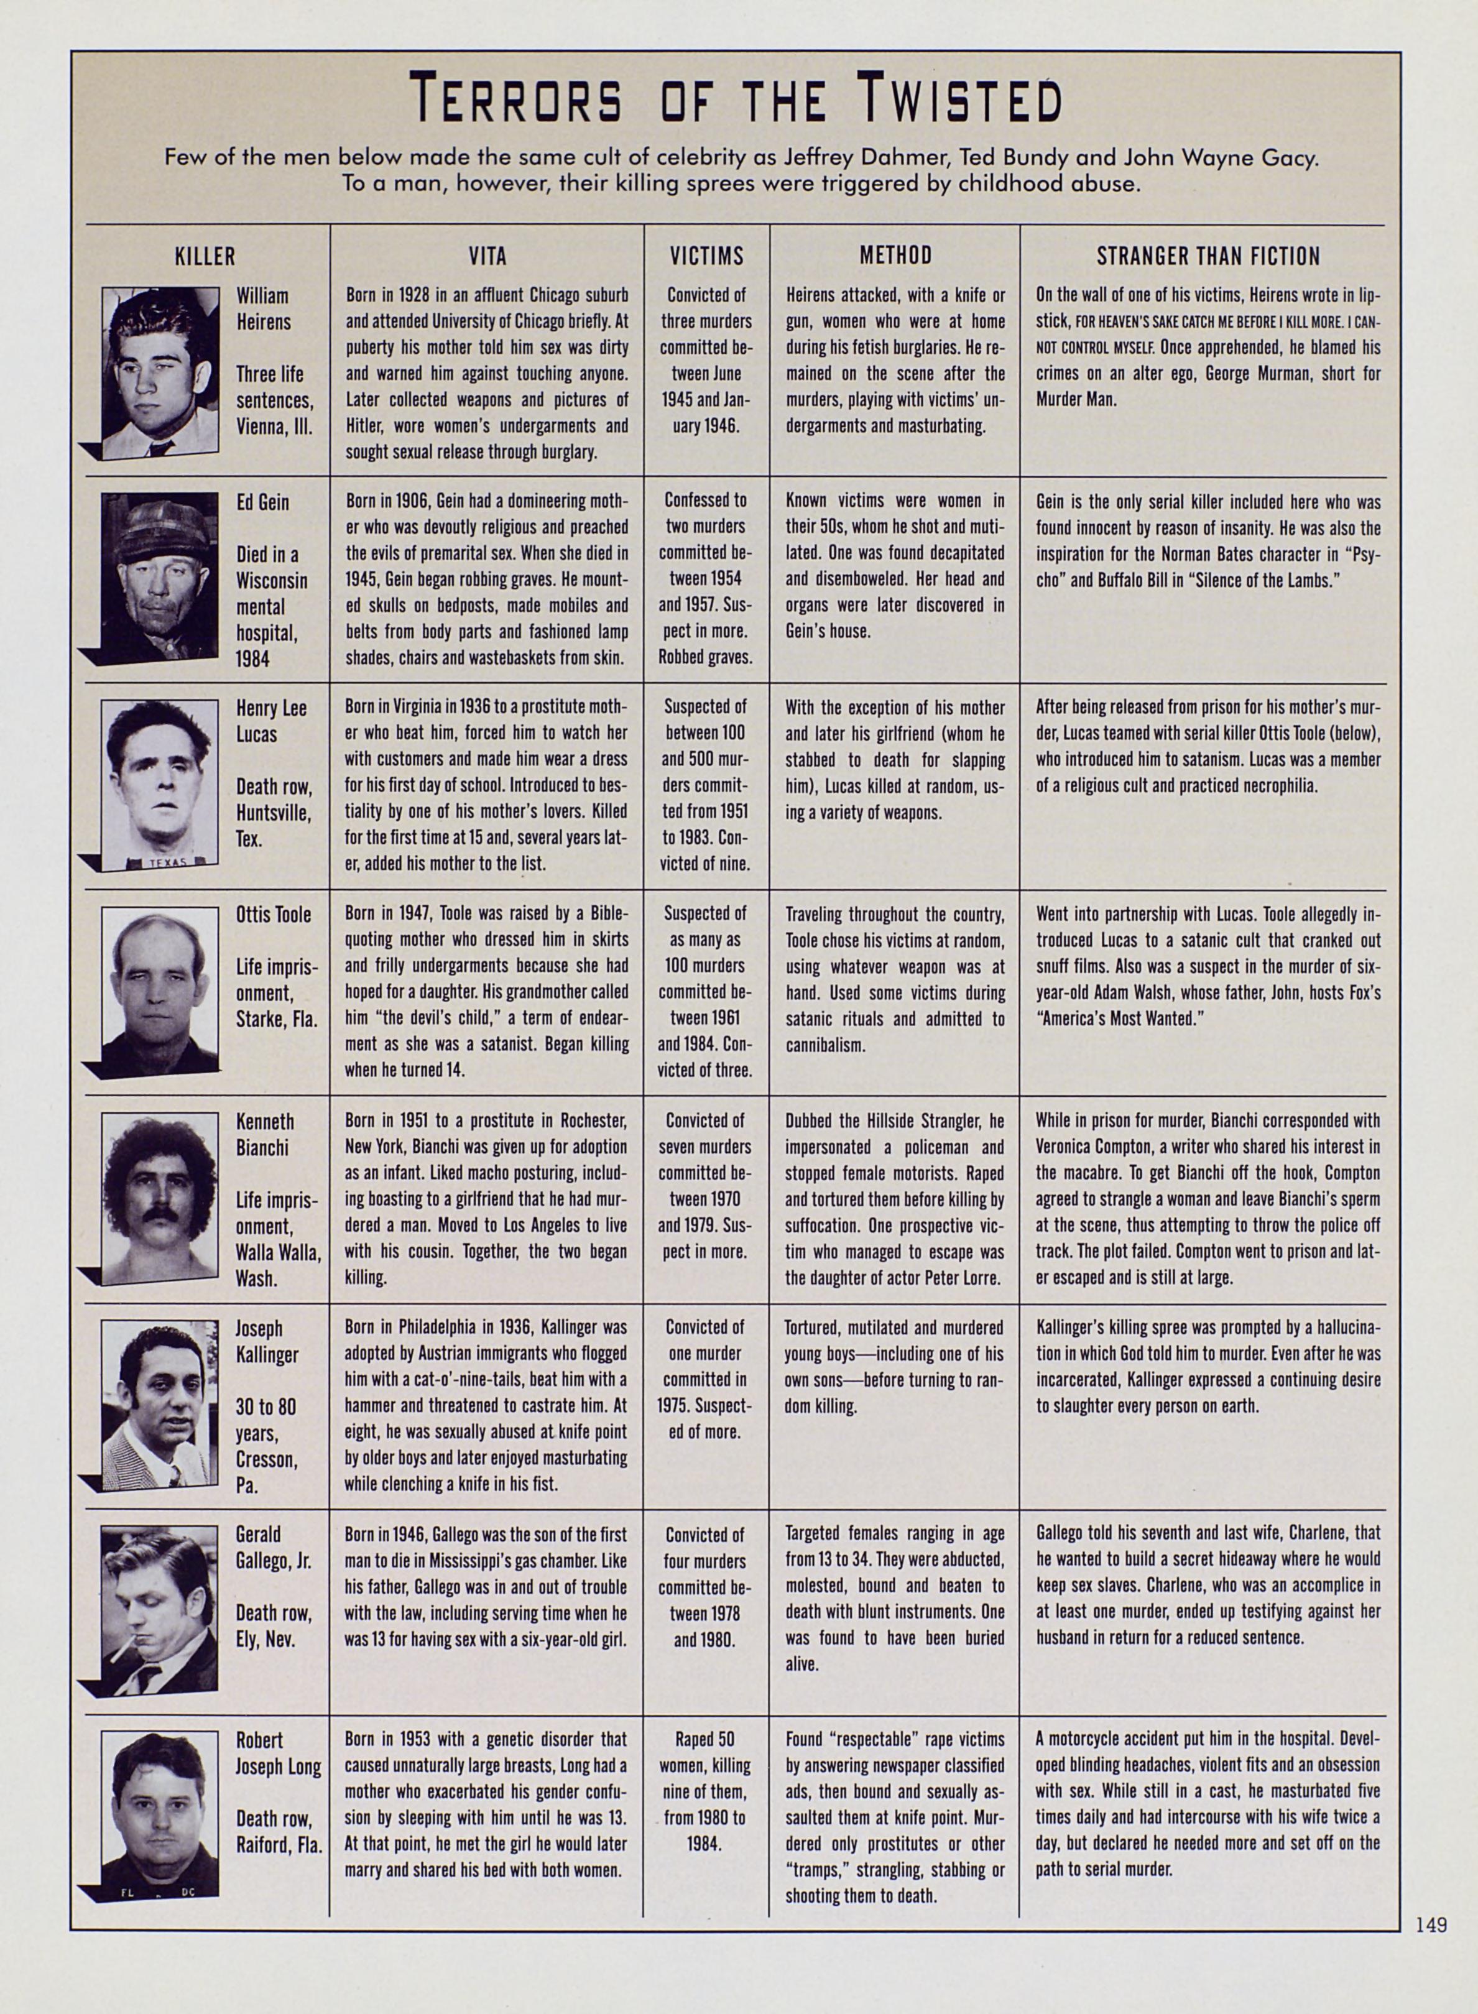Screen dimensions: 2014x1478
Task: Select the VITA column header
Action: (487, 257)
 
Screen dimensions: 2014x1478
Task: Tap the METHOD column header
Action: (895, 256)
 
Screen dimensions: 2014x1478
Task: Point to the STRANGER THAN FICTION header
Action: (1208, 257)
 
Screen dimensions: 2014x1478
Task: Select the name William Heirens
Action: (263, 308)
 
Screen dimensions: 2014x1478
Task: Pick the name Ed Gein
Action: (262, 502)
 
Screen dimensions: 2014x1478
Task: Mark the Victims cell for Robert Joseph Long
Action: (706, 1791)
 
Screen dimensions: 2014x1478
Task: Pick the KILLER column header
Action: (205, 257)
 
